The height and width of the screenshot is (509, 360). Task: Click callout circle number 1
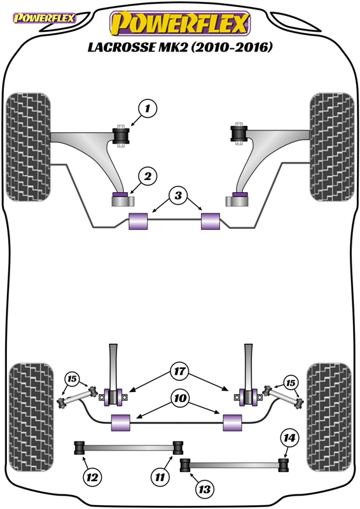pyautogui.click(x=148, y=108)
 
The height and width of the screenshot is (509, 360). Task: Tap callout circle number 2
pyautogui.click(x=148, y=177)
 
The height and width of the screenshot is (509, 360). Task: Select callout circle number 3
pyautogui.click(x=177, y=195)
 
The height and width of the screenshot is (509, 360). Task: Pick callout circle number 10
pyautogui.click(x=180, y=398)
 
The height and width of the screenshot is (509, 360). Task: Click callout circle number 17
pyautogui.click(x=179, y=371)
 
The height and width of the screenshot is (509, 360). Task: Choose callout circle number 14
pyautogui.click(x=289, y=438)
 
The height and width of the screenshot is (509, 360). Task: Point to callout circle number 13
pyautogui.click(x=205, y=489)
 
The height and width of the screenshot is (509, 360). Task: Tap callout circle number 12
pyautogui.click(x=92, y=477)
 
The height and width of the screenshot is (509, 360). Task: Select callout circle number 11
pyautogui.click(x=160, y=477)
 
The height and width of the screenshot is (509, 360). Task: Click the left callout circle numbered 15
pyautogui.click(x=72, y=379)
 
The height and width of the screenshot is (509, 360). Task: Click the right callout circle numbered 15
pyautogui.click(x=290, y=383)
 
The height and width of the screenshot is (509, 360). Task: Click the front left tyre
pyautogui.click(x=28, y=147)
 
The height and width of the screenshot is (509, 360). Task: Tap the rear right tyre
pyautogui.click(x=329, y=417)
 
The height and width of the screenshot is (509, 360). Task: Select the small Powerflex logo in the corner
pyautogui.click(x=44, y=18)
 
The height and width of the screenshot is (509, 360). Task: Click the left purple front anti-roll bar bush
pyautogui.click(x=138, y=221)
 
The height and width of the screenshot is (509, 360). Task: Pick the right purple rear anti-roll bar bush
pyautogui.click(x=232, y=422)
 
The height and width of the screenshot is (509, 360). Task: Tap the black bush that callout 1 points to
pyautogui.click(x=121, y=136)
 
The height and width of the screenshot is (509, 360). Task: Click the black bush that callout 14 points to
pyautogui.click(x=284, y=464)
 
